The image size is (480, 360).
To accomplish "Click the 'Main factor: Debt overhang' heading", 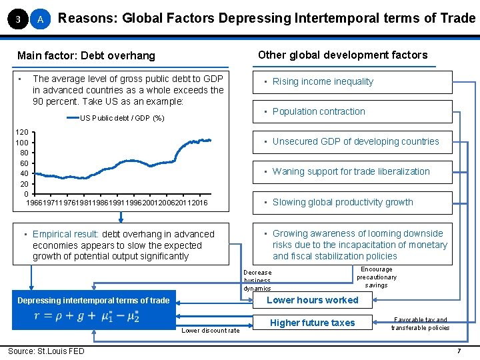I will (86, 55).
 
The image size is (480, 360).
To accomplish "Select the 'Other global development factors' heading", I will (343, 55).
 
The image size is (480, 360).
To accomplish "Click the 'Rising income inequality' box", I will (352, 82).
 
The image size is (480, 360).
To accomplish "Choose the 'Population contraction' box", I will (352, 112).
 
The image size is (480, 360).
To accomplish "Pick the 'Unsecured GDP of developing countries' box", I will (352, 141).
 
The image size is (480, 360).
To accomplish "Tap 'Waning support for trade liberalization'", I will (352, 172).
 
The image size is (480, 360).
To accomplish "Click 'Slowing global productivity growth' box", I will (352, 203).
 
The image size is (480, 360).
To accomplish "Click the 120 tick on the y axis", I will (22, 133).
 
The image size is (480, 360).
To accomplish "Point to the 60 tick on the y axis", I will (24, 163).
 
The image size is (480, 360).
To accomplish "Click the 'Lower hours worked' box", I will (312, 300).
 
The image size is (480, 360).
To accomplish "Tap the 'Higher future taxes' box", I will (312, 323).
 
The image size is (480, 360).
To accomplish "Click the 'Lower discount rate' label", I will (211, 331).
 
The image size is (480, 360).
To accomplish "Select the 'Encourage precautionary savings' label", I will (376, 277).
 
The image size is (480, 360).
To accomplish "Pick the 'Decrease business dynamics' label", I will (257, 281).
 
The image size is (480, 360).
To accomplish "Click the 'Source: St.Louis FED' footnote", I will (46, 351).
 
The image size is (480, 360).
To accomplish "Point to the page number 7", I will (459, 351).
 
